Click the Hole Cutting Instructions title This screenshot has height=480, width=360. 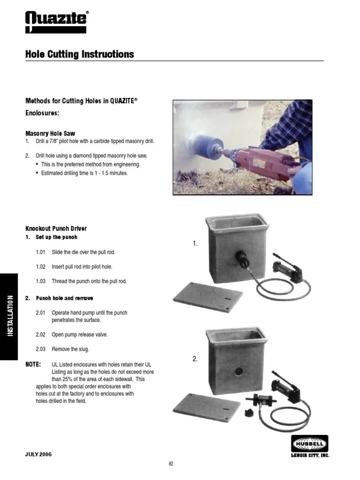79,54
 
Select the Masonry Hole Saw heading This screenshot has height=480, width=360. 50,134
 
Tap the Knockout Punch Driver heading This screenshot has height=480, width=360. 56,229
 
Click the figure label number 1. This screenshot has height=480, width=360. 195,244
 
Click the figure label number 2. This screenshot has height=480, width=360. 195,359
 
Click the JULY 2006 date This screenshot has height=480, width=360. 38,455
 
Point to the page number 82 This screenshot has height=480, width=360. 171,464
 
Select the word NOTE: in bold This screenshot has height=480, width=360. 33,365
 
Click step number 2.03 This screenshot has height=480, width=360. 40,349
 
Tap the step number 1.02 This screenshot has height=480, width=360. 40,267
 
